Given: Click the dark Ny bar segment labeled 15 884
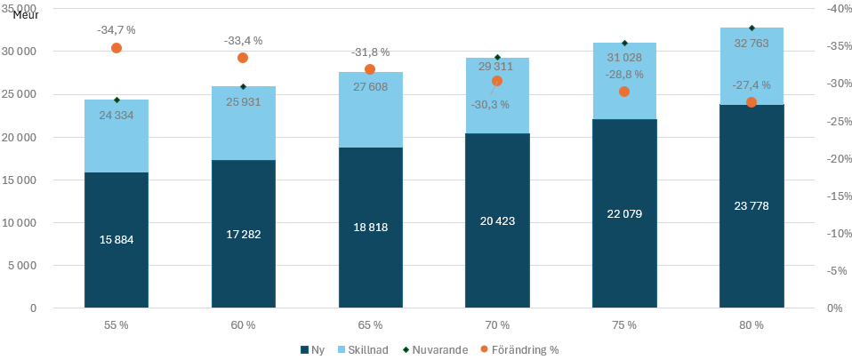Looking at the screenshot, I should (117, 240).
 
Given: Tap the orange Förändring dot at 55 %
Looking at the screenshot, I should (117, 48).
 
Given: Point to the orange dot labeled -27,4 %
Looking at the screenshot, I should (752, 102).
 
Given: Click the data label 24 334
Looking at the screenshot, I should (117, 115).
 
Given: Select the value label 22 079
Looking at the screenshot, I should (624, 213).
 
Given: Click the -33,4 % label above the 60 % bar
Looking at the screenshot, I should (243, 40).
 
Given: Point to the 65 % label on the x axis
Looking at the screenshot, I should (370, 325).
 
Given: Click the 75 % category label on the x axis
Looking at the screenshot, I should (624, 325).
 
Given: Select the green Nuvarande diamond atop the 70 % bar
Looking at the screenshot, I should (497, 58).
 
